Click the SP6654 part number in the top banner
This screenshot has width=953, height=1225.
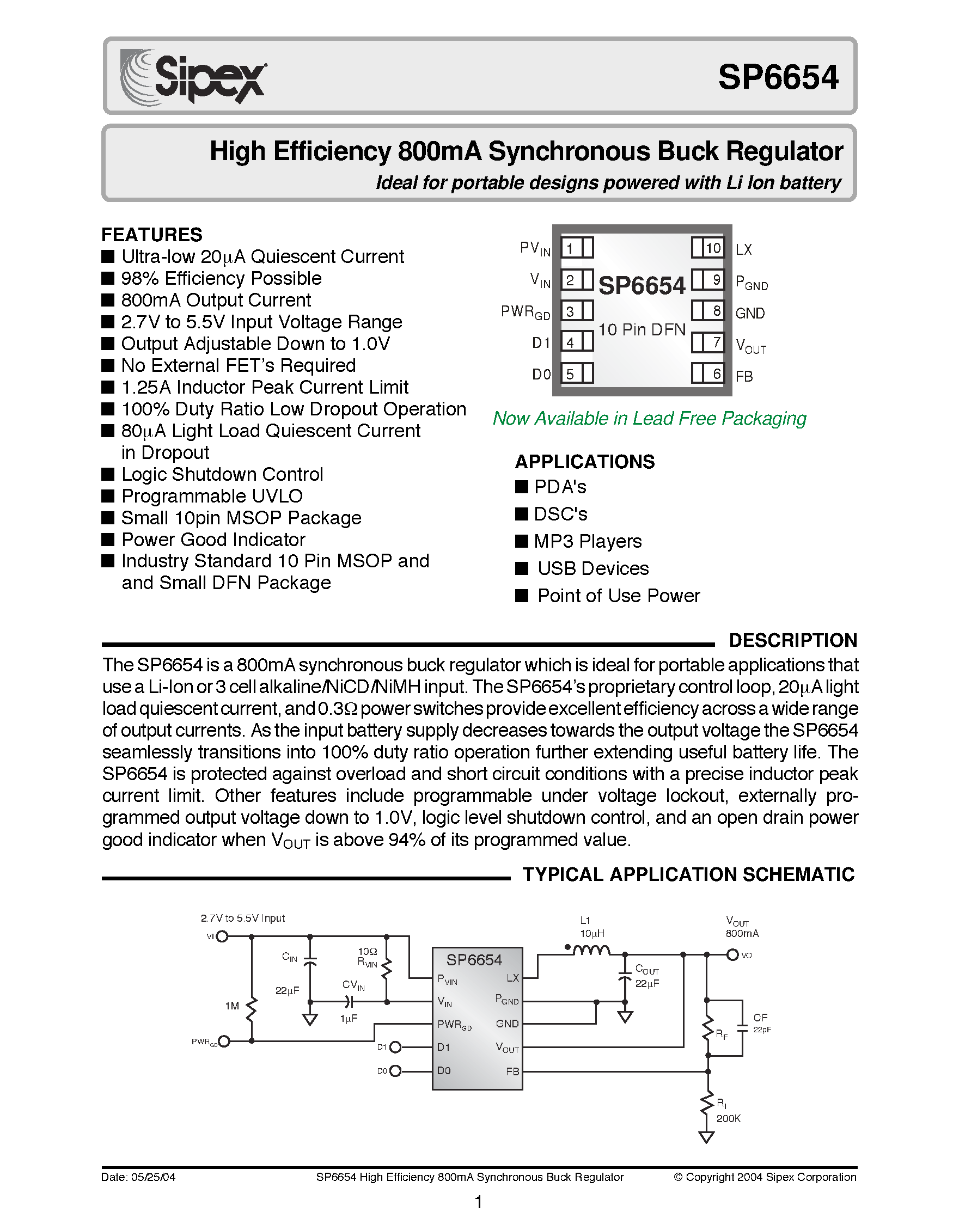pyautogui.click(x=778, y=77)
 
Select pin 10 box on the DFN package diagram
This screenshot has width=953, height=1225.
pyautogui.click(x=708, y=248)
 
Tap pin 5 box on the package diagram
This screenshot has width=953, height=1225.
pyautogui.click(x=576, y=373)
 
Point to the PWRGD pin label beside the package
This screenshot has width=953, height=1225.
pyautogui.click(x=525, y=312)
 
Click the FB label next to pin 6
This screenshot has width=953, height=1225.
pyautogui.click(x=744, y=376)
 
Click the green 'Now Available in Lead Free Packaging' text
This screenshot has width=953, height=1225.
pyautogui.click(x=649, y=419)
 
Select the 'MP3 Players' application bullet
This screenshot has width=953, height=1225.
pyautogui.click(x=587, y=541)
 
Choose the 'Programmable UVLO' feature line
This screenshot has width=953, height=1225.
pyautogui.click(x=212, y=496)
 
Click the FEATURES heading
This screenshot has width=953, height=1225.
pyautogui.click(x=151, y=235)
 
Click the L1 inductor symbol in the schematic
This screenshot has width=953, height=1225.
pyautogui.click(x=590, y=950)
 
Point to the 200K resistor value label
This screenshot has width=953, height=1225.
pyautogui.click(x=728, y=1118)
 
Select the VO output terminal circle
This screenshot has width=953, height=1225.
pyautogui.click(x=732, y=954)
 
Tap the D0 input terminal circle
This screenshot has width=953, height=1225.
pyautogui.click(x=395, y=1071)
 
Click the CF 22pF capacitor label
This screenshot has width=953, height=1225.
pyautogui.click(x=761, y=1022)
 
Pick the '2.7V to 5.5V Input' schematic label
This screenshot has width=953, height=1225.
pyautogui.click(x=242, y=918)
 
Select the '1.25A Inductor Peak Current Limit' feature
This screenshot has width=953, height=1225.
pyautogui.click(x=264, y=387)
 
